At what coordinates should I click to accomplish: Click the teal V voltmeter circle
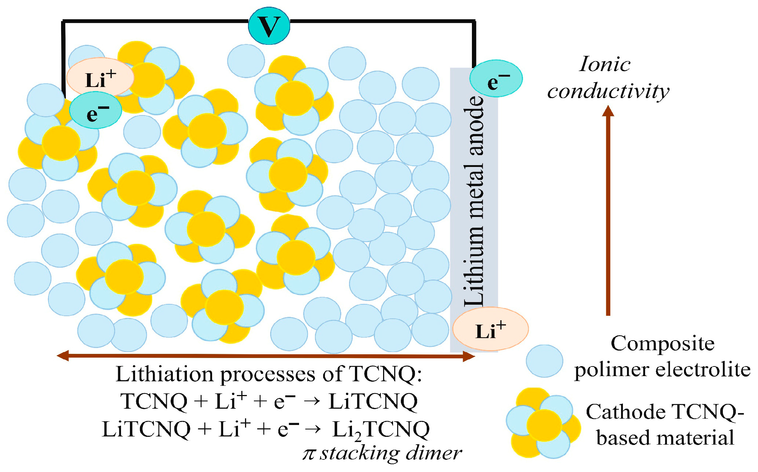point(269,26)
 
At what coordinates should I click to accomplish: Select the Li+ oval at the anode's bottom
point(490,329)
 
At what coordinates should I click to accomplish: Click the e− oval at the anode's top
point(496,79)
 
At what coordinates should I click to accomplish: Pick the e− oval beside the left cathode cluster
point(95,111)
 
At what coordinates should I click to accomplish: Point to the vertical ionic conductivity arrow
point(608,211)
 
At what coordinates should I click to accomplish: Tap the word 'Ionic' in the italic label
point(605,64)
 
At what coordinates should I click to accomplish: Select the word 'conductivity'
point(608,91)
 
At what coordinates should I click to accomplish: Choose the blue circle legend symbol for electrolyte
point(544,361)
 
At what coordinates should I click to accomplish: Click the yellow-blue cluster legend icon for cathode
point(543,424)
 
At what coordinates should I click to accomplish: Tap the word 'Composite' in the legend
point(662,344)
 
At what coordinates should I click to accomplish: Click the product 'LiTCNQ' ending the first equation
point(373,401)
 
